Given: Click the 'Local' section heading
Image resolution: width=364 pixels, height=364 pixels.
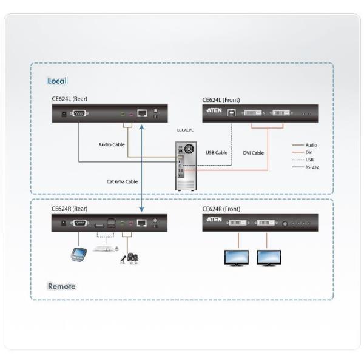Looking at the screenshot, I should (x=57, y=81).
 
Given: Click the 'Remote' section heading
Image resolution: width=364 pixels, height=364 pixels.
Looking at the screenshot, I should (x=61, y=286).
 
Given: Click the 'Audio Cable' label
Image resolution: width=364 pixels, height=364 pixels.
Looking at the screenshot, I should (x=112, y=144).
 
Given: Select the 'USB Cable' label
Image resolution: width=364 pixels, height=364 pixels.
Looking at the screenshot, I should (x=217, y=153).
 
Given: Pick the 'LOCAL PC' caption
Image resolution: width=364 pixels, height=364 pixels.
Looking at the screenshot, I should (x=186, y=130).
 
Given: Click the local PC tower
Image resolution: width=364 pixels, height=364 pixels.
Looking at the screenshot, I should (x=186, y=166).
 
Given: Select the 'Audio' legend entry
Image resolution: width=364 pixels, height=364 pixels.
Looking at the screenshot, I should (x=311, y=145).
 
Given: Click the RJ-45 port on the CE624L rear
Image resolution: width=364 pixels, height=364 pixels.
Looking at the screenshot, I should (x=141, y=113).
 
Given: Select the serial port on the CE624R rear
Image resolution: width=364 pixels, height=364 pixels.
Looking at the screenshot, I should (x=78, y=223).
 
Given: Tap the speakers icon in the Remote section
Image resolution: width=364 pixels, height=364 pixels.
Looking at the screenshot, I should (x=132, y=257).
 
